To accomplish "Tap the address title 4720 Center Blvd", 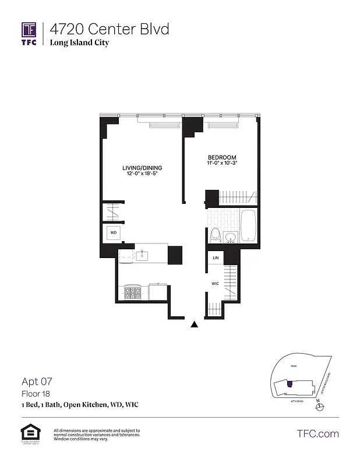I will (x=110, y=29).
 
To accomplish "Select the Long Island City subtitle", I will (x=79, y=43).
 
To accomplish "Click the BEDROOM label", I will (x=222, y=158).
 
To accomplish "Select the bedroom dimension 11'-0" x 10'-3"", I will (x=222, y=164).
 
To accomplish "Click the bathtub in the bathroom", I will (x=249, y=225).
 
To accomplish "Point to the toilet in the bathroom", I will (x=214, y=235).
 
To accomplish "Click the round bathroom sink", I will (x=230, y=237).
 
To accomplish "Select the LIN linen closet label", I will (x=216, y=257).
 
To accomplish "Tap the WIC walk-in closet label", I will (x=215, y=284).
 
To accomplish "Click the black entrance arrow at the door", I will (x=195, y=324).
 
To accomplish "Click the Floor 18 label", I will (x=33, y=394).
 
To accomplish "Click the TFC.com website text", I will (x=317, y=434).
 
